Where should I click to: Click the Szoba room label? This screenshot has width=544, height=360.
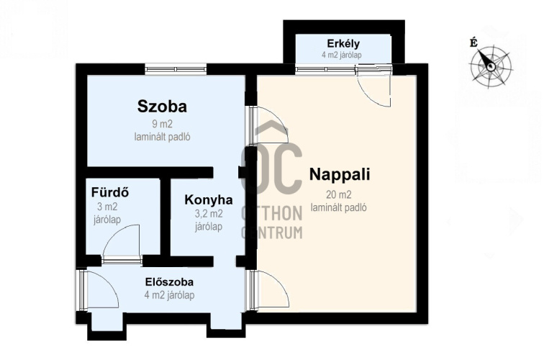point(162,107)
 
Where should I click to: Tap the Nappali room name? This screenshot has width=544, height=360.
point(340,174)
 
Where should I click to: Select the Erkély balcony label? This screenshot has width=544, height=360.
point(343,44)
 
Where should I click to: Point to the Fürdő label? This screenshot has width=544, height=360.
point(110,192)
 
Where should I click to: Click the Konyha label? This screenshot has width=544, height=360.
point(209,200)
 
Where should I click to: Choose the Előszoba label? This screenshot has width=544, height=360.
point(169,282)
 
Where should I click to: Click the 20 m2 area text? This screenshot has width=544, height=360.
point(338,194)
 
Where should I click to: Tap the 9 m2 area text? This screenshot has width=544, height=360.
point(162,124)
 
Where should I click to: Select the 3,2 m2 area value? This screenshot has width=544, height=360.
point(209,214)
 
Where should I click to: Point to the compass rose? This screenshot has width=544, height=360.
point(490,66)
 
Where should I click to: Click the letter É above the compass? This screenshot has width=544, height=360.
point(473,42)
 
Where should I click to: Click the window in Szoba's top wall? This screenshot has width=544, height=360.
point(176,69)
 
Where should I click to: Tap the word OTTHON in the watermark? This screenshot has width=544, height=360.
point(272,213)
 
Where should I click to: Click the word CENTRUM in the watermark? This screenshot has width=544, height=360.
point(272,233)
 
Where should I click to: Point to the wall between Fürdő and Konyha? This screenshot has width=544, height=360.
point(166,217)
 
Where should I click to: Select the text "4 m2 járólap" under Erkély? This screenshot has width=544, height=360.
point(342,55)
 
